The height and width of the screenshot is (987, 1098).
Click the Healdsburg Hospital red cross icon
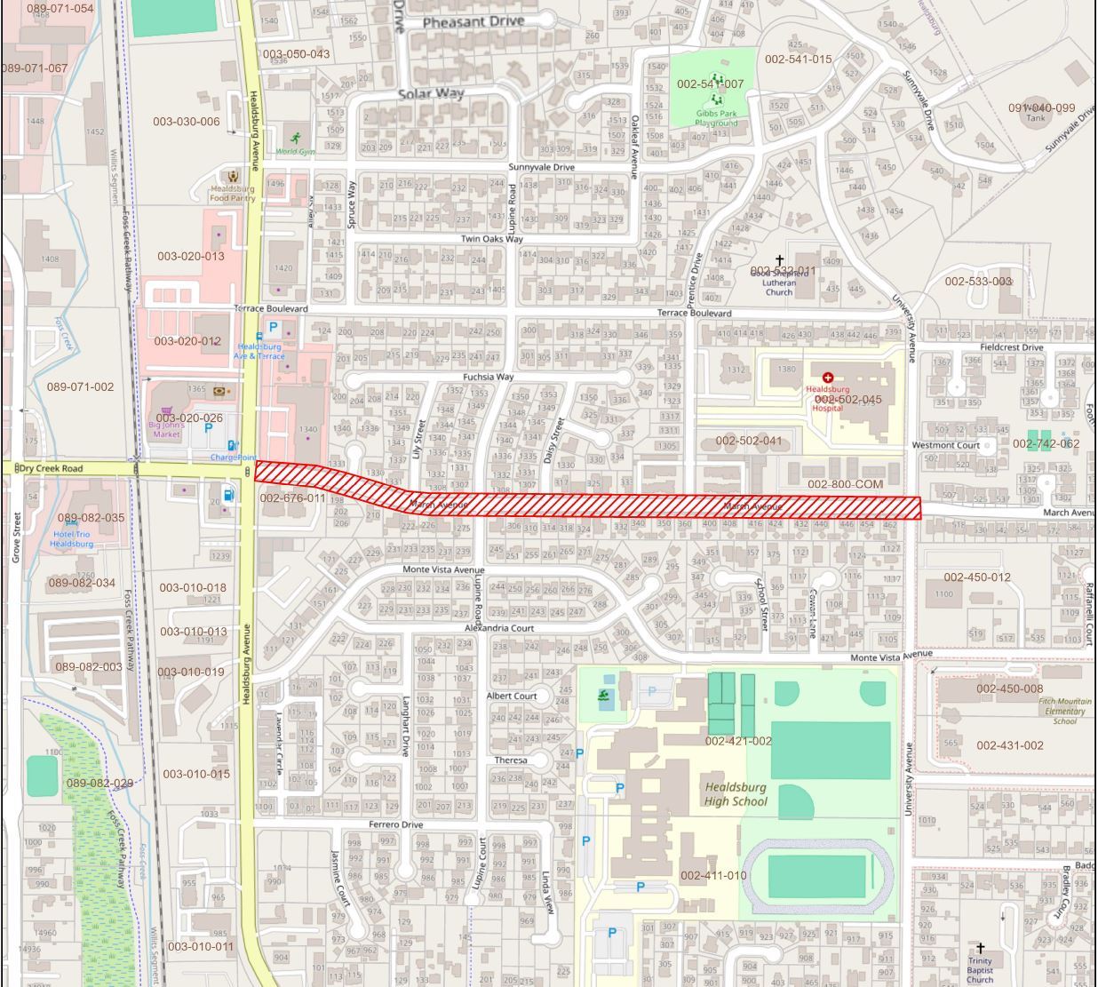tap(828, 378)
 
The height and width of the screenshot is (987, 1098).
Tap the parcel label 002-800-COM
tap(845, 484)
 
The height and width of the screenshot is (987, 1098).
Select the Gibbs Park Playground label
tap(716, 118)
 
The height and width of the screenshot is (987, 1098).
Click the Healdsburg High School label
tap(736, 794)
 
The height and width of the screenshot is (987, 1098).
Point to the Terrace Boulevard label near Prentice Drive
tap(694, 313)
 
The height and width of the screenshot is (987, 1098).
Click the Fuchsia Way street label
tap(488, 377)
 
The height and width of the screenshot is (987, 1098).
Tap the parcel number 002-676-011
tap(292, 498)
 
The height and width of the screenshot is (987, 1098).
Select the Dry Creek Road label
tap(51, 468)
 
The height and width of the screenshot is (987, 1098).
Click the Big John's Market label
tap(166, 429)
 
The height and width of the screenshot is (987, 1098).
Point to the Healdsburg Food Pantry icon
tap(233, 177)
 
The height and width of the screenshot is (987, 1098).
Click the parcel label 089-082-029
tap(99, 783)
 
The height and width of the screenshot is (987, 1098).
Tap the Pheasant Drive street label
tap(473, 21)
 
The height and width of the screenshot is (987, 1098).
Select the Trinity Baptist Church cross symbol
tap(981, 949)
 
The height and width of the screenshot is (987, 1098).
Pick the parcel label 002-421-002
tap(738, 741)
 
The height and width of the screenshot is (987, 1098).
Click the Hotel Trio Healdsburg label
tap(71, 538)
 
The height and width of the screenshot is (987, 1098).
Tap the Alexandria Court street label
tap(499, 628)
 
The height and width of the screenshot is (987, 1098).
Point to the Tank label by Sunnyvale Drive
tap(1036, 117)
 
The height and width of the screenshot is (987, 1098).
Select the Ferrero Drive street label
tap(395, 824)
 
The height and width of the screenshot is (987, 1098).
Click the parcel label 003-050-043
tap(296, 54)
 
